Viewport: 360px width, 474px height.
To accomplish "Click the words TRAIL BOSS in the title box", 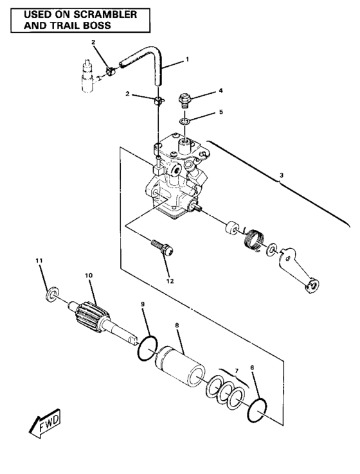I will pos(73,26).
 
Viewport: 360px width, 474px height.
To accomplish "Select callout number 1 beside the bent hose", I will pos(187,59).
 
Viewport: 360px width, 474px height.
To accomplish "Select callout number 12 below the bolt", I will pos(170,280).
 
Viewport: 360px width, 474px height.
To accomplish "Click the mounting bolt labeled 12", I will pos(160,248).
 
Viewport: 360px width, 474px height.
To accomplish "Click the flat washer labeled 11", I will pos(50,295).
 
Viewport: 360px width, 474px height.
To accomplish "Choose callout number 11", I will pos(39,260).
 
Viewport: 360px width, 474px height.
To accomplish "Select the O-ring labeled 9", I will pos(146,347).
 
